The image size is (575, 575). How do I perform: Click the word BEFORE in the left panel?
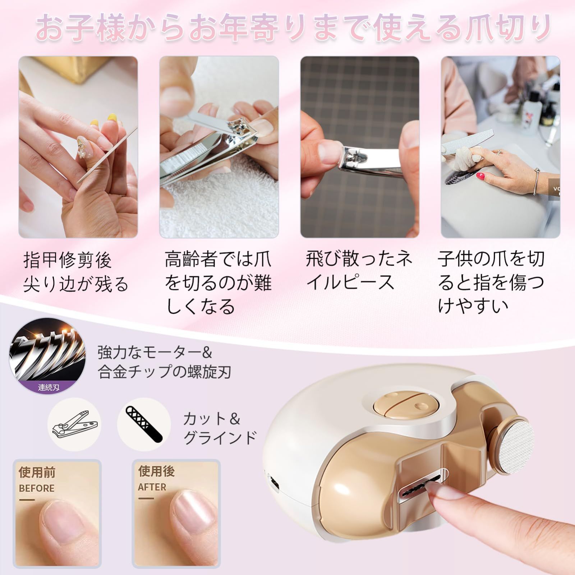pos(37,488)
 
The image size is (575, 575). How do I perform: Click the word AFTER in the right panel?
pos(152,487)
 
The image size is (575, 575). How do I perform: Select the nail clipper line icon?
pos(75,424)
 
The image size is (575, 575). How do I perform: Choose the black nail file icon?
pos(144,424)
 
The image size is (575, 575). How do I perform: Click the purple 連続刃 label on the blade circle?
pos(49,387)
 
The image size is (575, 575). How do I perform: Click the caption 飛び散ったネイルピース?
pos(359,271)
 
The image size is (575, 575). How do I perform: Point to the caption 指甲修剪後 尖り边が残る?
pos(76,272)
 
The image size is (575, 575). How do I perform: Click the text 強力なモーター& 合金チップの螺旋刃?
pos(164,362)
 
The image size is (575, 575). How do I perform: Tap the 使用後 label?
pos(157,471)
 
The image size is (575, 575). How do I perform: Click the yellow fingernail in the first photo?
pos(112,118)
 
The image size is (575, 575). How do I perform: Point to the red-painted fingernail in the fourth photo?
pos(480,176)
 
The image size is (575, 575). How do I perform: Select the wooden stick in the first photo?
pos(108,155)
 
